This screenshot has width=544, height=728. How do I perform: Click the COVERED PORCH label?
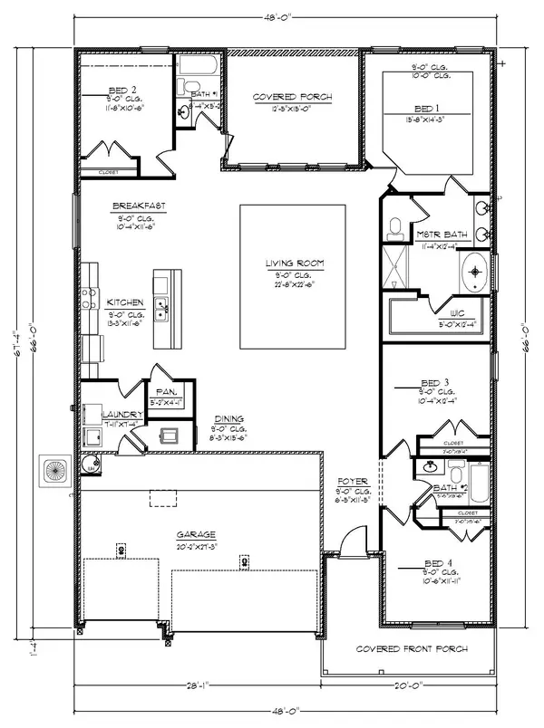pos(292,97)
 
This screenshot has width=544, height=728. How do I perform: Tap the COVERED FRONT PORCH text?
pos(411,649)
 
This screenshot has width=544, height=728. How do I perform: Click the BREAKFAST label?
pos(139,206)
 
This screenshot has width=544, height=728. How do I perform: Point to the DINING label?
pos(228,418)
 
